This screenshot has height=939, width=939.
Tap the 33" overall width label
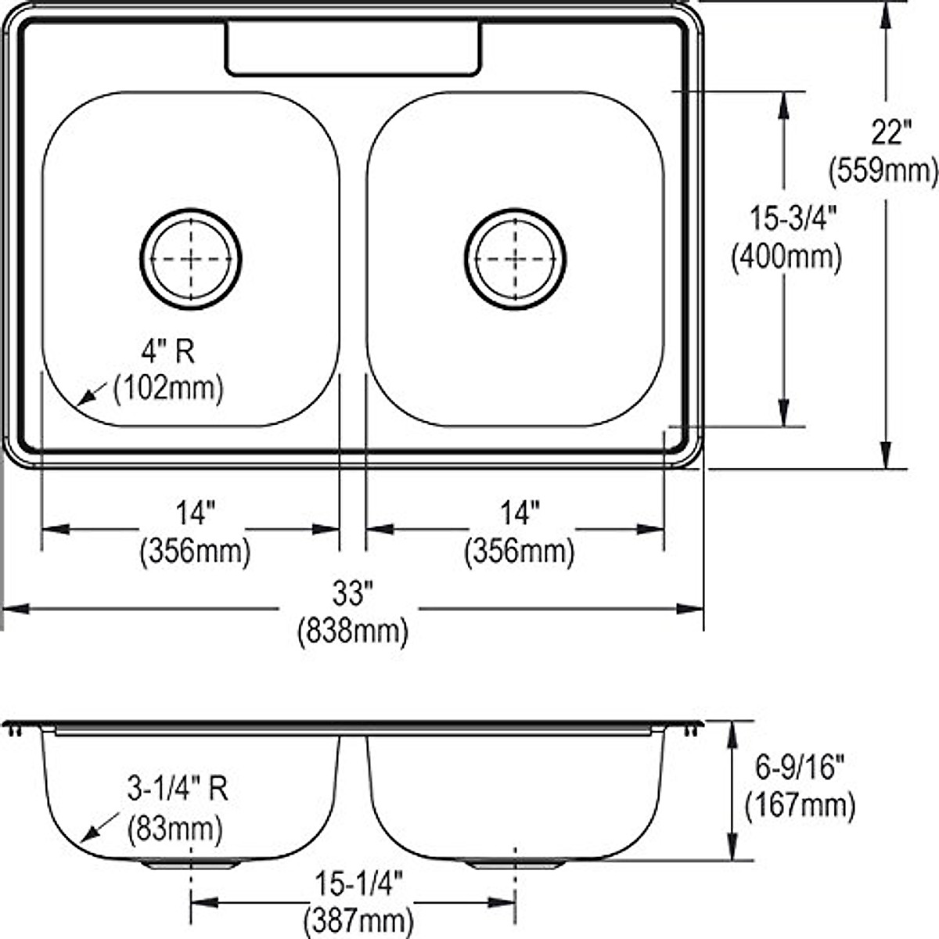coord(352,593)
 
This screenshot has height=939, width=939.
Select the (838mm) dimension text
coord(353,632)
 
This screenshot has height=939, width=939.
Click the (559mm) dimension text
coord(883,171)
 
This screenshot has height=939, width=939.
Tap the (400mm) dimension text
coord(786,257)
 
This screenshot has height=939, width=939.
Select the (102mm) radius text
coord(168,389)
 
